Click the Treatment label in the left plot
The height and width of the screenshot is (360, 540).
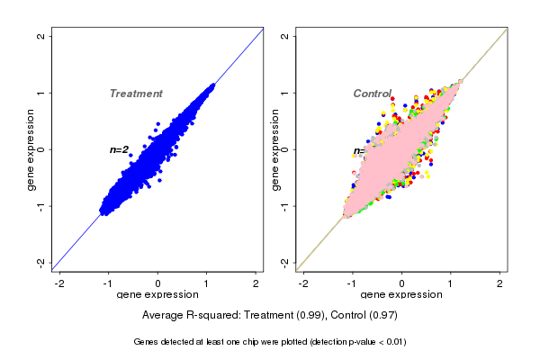[136, 94]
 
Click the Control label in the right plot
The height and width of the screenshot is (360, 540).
[372, 94]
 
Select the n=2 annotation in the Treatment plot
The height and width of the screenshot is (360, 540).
[120, 149]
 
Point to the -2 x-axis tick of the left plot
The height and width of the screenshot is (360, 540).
[59, 282]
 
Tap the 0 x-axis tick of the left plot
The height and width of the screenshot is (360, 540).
[158, 282]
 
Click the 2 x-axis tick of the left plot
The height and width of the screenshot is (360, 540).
[256, 282]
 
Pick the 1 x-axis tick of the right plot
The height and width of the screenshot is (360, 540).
[452, 282]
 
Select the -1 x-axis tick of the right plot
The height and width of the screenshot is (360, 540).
[353, 282]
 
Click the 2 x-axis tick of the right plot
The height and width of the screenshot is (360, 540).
[501, 282]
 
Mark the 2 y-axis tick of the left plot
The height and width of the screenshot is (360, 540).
[42, 36]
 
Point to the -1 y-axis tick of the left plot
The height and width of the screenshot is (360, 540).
[42, 205]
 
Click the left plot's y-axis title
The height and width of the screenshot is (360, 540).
[31, 149]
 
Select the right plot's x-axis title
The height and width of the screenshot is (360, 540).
[402, 294]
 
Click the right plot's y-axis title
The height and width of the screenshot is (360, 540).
[275, 149]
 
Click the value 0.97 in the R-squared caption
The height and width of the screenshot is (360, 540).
[382, 316]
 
